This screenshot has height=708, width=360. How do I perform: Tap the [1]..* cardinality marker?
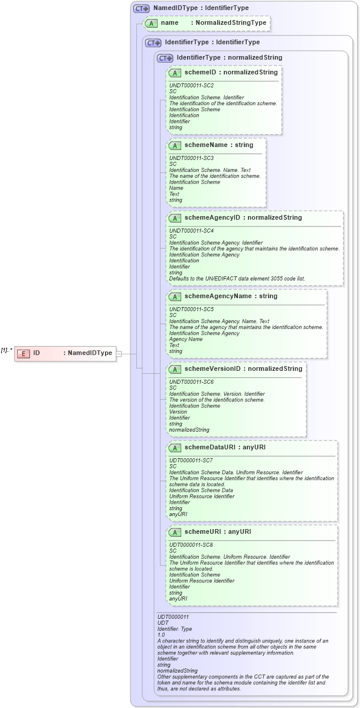coord(6,350)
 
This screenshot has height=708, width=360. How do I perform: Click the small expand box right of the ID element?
coord(119,354)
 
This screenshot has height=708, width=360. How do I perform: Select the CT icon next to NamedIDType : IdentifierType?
coord(141,9)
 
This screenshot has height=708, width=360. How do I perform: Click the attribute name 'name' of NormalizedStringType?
coord(169,23)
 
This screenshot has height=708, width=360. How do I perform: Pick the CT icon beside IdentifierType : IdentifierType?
coord(153,43)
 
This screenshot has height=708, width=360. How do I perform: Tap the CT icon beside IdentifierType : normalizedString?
coord(165,58)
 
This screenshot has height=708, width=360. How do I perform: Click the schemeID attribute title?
coord(231,73)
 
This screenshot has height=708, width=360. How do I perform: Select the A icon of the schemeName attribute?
coord(175,145)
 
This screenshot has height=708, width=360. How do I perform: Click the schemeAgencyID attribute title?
coord(243,218)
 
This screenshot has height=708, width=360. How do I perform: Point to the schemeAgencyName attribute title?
coord(231,296)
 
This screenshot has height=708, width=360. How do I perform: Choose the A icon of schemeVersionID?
coord(175,369)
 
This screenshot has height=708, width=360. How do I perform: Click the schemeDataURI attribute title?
coord(225,448)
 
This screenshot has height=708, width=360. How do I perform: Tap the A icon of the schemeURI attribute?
coord(175,532)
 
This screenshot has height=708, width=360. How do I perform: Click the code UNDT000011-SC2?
coord(191,86)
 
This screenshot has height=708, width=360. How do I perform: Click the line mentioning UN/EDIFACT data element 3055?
coord(237,278)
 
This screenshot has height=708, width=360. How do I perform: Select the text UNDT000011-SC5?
coord(191,309)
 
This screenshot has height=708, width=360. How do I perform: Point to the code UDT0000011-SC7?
coord(191,460)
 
